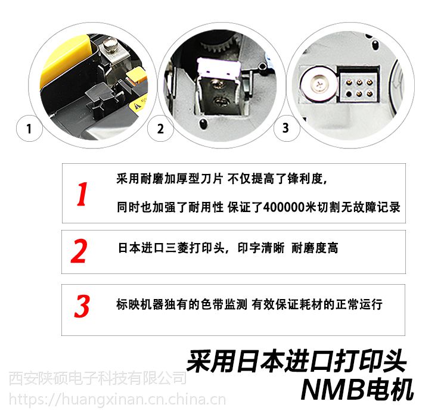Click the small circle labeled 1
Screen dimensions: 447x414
pyautogui.click(x=29, y=128)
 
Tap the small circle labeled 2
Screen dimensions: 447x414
pyautogui.click(x=160, y=129)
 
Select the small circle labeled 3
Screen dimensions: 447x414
pyautogui.click(x=286, y=128)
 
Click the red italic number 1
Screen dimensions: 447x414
pyautogui.click(x=82, y=194)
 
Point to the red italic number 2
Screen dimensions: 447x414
pyautogui.click(x=79, y=251)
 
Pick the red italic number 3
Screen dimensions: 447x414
pyautogui.click(x=82, y=306)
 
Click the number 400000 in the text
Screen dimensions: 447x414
pyautogui.click(x=284, y=207)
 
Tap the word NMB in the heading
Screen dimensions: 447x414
pyautogui.click(x=333, y=390)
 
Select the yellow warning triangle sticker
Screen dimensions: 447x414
pyautogui.click(x=138, y=105)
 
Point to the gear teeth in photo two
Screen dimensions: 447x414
pyautogui.click(x=219, y=45)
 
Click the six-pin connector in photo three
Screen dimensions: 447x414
pyautogui.click(x=359, y=88)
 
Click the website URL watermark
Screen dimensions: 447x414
pyautogui.click(x=117, y=399)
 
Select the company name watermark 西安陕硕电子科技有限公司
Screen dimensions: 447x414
pyautogui.click(x=97, y=378)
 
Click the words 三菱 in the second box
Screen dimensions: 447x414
pyautogui.click(x=176, y=248)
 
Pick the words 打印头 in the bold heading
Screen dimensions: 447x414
pyautogui.click(x=370, y=361)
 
